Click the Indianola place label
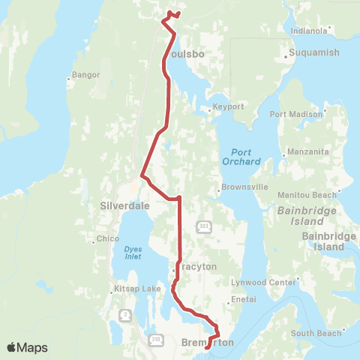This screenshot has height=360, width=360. (x=309, y=31)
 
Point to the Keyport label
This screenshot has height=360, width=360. (x=228, y=106)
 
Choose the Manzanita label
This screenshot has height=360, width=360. (x=308, y=151)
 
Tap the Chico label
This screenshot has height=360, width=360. (x=108, y=239)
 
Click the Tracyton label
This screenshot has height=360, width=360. (x=198, y=266)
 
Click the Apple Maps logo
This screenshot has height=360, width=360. (x=27, y=347)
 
